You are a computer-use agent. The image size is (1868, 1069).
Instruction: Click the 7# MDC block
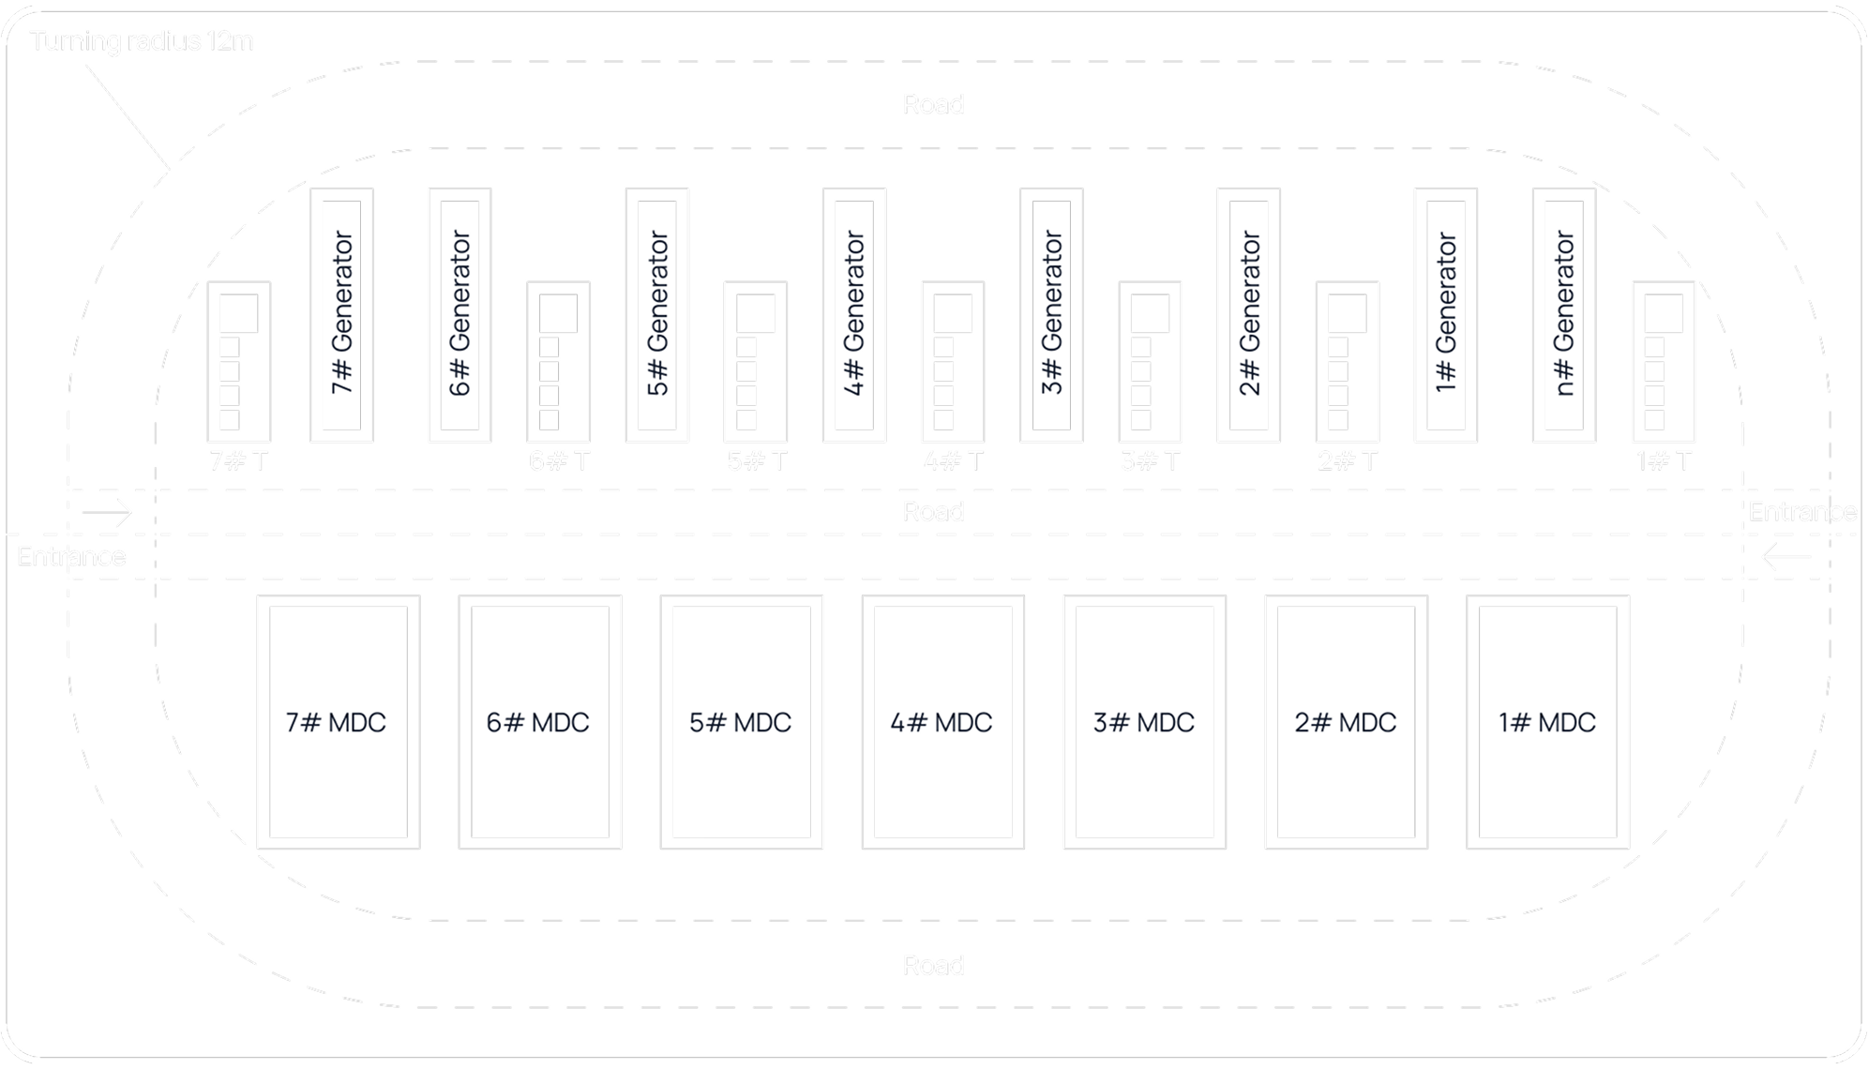pyautogui.click(x=338, y=722)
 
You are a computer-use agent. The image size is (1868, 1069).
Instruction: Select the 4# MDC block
pyautogui.click(x=942, y=722)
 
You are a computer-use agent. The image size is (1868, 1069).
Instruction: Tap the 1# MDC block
pyautogui.click(x=1547, y=722)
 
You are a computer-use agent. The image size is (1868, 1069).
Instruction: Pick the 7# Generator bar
pyautogui.click(x=341, y=314)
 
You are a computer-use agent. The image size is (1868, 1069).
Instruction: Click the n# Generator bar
pyautogui.click(x=1563, y=314)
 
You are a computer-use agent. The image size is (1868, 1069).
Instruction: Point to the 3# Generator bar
pyautogui.click(x=1051, y=314)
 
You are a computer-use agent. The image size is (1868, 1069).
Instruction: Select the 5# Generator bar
pyautogui.click(x=656, y=314)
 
